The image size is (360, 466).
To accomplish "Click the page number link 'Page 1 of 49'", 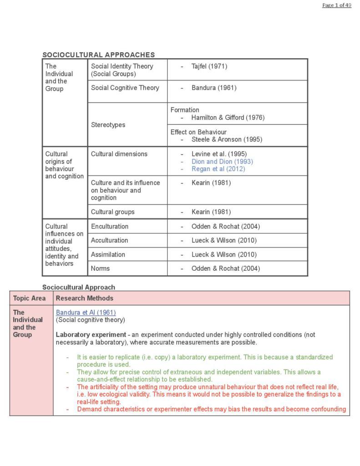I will coord(336,5).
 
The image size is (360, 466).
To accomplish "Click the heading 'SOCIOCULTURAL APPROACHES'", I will coord(98,55).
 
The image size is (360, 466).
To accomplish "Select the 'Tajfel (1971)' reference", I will coord(209,66).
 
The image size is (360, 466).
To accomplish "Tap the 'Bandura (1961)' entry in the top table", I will coord(213,88).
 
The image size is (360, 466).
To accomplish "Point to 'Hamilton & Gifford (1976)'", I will coord(228,117).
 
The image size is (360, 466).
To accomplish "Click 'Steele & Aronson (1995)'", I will coord(227,139).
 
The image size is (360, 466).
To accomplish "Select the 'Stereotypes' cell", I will coord(108,125).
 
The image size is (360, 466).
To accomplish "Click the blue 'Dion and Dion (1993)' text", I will coord(222,162).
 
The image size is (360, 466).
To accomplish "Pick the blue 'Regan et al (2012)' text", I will coord(218,169).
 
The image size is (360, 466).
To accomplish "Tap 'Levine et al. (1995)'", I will coord(219,154).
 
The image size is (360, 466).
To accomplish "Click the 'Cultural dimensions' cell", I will coord(119,154).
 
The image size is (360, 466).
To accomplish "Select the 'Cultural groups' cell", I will coord(112,212).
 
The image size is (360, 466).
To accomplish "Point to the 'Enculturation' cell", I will coord(109,226).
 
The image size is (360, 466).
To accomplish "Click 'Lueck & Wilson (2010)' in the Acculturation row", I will coord(223,240).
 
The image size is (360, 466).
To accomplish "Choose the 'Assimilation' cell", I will coord(107,254).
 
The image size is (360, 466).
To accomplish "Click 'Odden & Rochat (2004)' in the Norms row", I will coord(225,268).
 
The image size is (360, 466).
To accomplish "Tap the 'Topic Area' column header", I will coord(29,298).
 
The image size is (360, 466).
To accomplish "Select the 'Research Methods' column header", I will coord(84,298).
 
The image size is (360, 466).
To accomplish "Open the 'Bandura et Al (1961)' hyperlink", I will coord(86,312).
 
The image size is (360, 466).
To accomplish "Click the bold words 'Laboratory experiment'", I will coord(91,334).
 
